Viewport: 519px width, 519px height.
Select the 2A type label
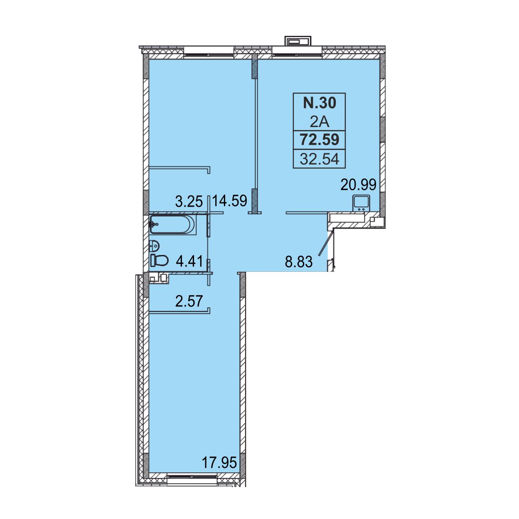pos(320,123)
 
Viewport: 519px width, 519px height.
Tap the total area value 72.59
pos(320,140)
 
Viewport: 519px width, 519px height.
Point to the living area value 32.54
pos(320,159)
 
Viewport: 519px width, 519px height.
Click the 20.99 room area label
pos(359,185)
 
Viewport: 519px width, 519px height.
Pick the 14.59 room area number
pos(230,201)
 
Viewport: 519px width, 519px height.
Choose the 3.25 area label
pos(189,201)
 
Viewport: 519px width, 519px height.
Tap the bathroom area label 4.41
pos(189,261)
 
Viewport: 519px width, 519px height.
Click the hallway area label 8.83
pos(299,261)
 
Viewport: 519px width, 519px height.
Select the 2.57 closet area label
pos(189,301)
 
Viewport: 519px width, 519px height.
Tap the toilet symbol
pos(159,260)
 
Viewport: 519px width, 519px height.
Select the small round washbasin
pos(154,245)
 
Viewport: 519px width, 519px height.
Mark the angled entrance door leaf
pos(325,243)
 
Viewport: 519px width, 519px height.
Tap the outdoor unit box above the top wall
pos(298,41)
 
